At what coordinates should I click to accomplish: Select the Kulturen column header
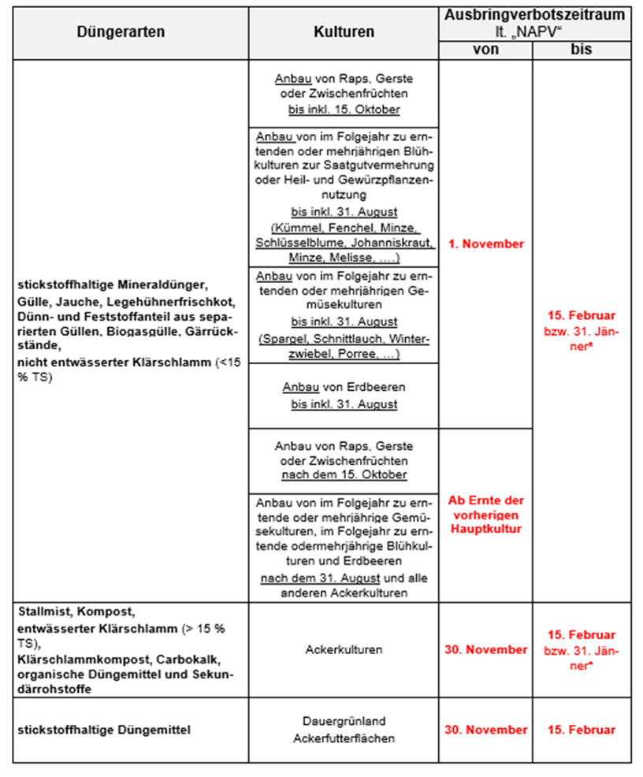344,32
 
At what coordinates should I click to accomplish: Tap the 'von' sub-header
485,49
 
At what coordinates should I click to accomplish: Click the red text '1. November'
485,244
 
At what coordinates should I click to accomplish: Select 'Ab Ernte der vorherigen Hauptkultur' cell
485,515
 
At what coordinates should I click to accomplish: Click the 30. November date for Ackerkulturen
485,649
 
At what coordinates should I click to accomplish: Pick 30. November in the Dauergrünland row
485,730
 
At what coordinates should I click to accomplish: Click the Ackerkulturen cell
344,650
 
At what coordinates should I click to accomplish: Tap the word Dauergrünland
344,721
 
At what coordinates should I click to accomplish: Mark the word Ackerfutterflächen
344,738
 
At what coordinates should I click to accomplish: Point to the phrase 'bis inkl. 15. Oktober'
344,108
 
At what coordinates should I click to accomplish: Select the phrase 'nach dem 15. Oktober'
344,474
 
